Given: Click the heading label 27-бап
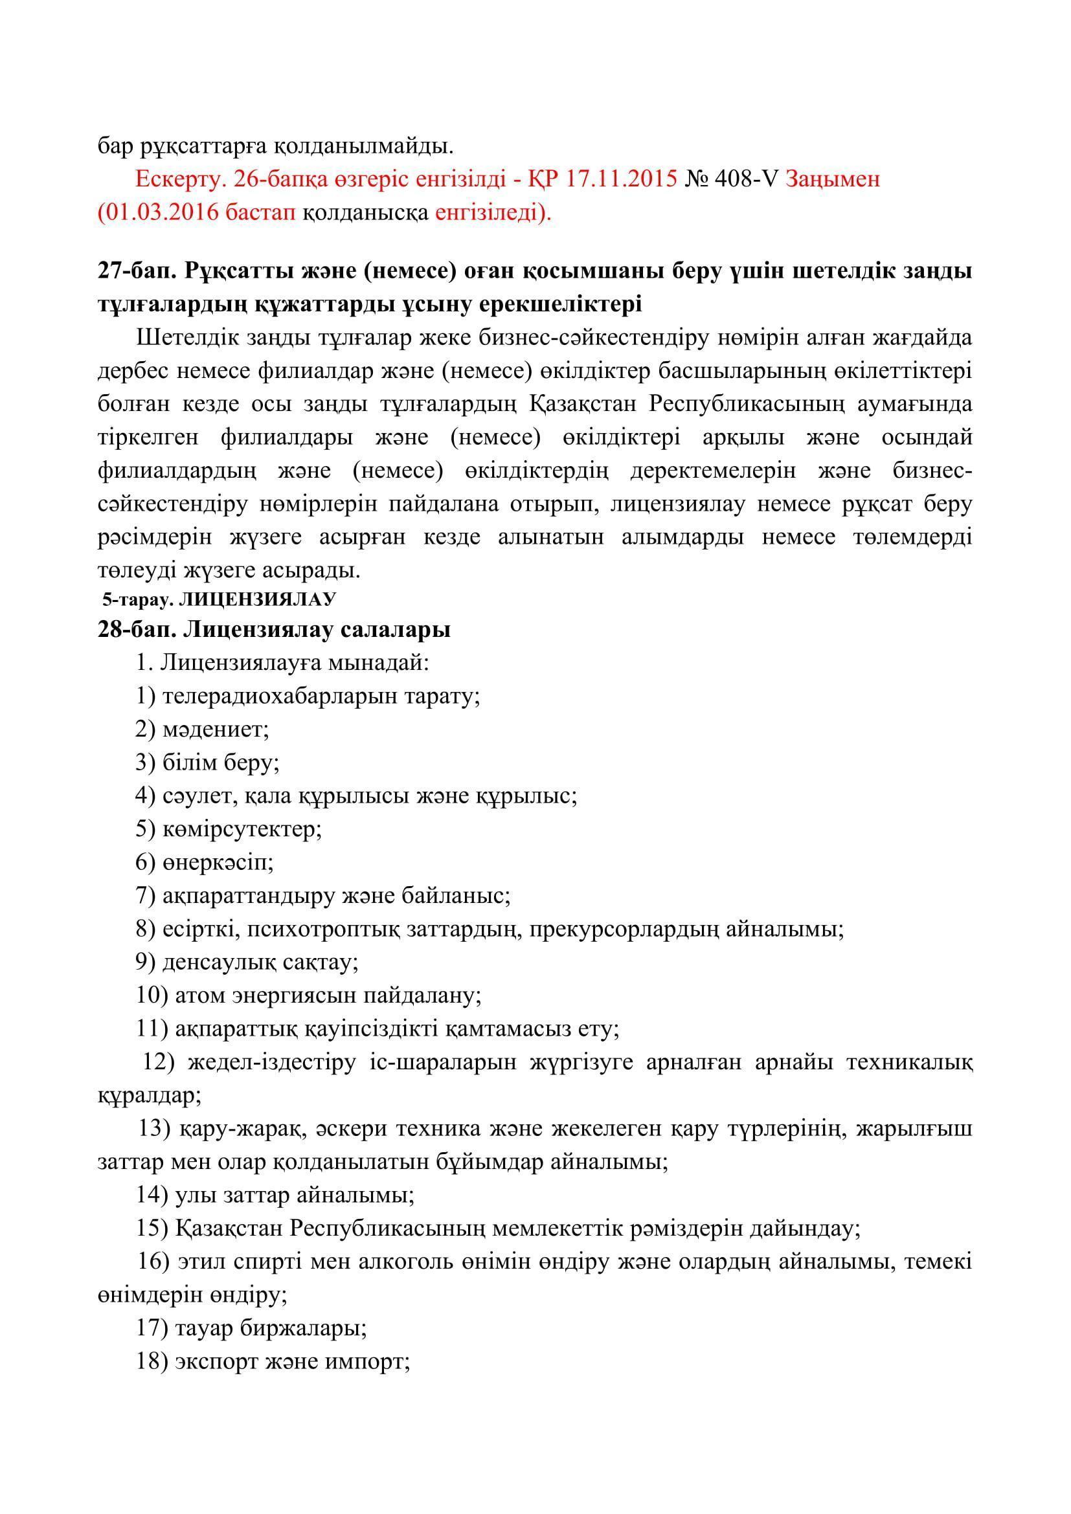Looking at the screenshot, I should (136, 271).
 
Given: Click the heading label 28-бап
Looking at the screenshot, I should (136, 630).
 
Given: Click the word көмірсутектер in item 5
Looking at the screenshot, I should (242, 829).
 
